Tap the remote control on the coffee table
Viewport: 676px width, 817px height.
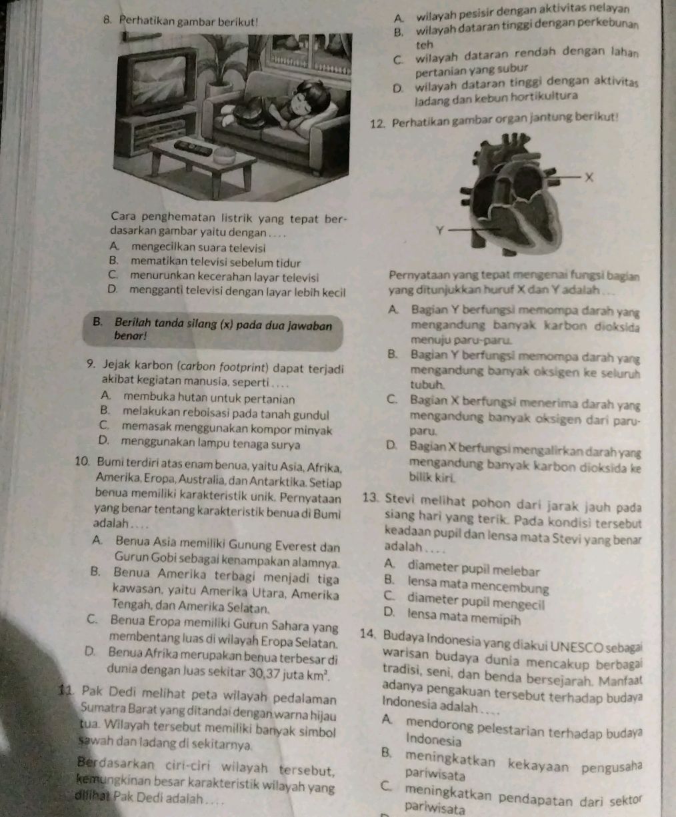pos(193,145)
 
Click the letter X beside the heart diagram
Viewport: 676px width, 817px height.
pos(588,177)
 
